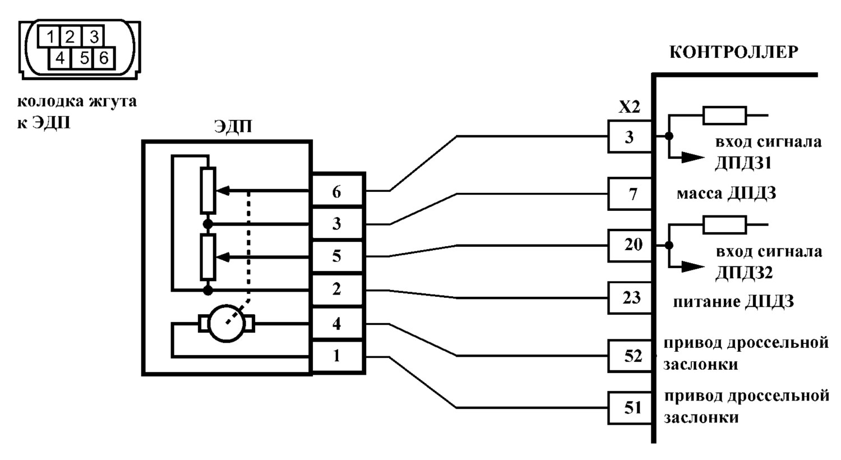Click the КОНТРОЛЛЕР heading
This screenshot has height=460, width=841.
(x=733, y=53)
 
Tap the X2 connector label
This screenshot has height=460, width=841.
(x=629, y=107)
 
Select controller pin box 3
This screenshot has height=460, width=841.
(x=630, y=136)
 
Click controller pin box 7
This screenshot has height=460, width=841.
(x=630, y=194)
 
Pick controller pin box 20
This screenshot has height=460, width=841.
(x=630, y=245)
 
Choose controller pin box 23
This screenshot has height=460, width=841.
(x=630, y=298)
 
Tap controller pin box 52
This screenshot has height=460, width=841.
(x=630, y=356)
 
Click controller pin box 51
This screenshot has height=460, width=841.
(x=630, y=408)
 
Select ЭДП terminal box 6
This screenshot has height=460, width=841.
(x=337, y=191)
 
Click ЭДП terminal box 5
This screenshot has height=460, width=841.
(x=337, y=257)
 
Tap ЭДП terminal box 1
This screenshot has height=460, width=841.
(x=337, y=356)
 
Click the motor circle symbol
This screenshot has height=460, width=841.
(x=227, y=323)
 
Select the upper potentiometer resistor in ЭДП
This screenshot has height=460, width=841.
(x=207, y=191)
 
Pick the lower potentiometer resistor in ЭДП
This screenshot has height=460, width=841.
(x=207, y=257)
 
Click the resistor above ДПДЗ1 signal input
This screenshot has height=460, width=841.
(x=724, y=116)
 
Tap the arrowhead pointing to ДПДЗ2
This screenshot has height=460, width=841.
(x=692, y=267)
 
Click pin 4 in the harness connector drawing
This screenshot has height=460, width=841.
(x=60, y=58)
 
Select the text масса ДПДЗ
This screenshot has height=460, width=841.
(x=726, y=194)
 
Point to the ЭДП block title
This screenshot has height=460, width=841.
(x=233, y=126)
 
